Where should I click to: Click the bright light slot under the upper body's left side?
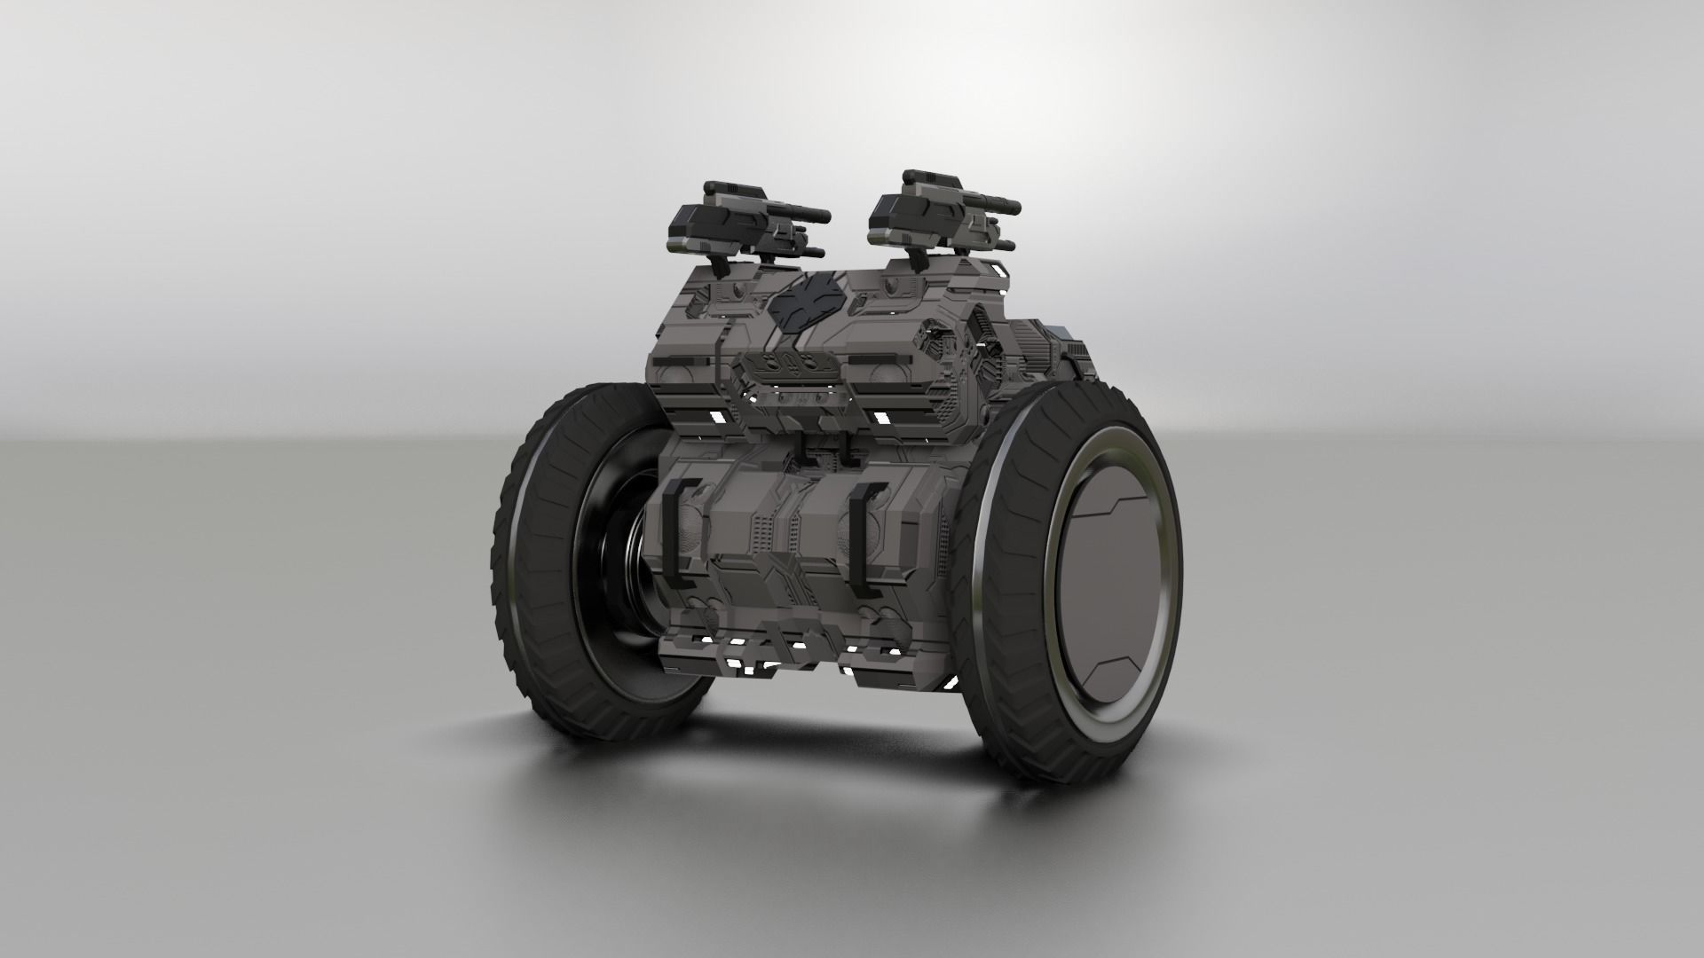pos(712,415)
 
